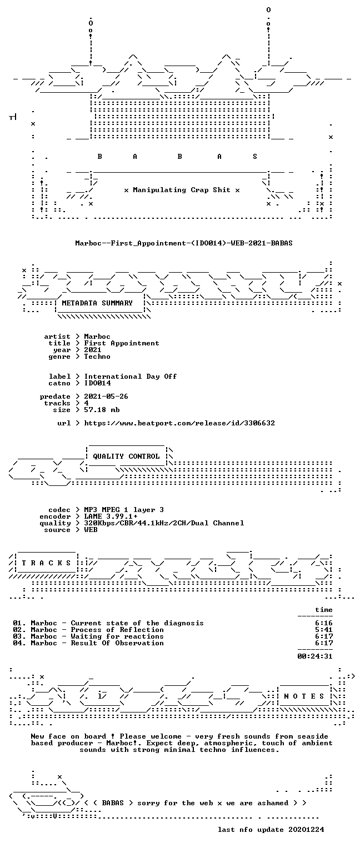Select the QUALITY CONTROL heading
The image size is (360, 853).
point(126,456)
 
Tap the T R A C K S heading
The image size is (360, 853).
point(46,563)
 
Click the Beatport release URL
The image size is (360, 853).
point(179,423)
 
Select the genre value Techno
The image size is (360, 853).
point(97,357)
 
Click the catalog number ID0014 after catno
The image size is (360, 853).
point(97,383)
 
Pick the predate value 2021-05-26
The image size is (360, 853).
point(106,397)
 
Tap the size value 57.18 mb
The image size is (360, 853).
point(102,410)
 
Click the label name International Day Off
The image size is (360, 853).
point(131,376)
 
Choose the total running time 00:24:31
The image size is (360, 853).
point(315,656)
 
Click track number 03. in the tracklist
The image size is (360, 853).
point(19,636)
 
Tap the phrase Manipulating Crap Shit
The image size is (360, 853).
point(182,189)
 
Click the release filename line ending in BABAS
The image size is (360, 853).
point(184,243)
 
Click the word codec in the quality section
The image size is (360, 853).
point(59,510)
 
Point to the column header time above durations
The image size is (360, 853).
point(324,610)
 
